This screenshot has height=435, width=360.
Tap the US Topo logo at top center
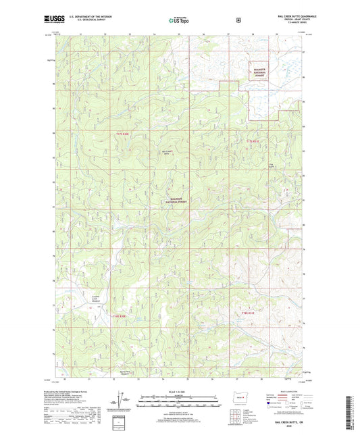178,21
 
